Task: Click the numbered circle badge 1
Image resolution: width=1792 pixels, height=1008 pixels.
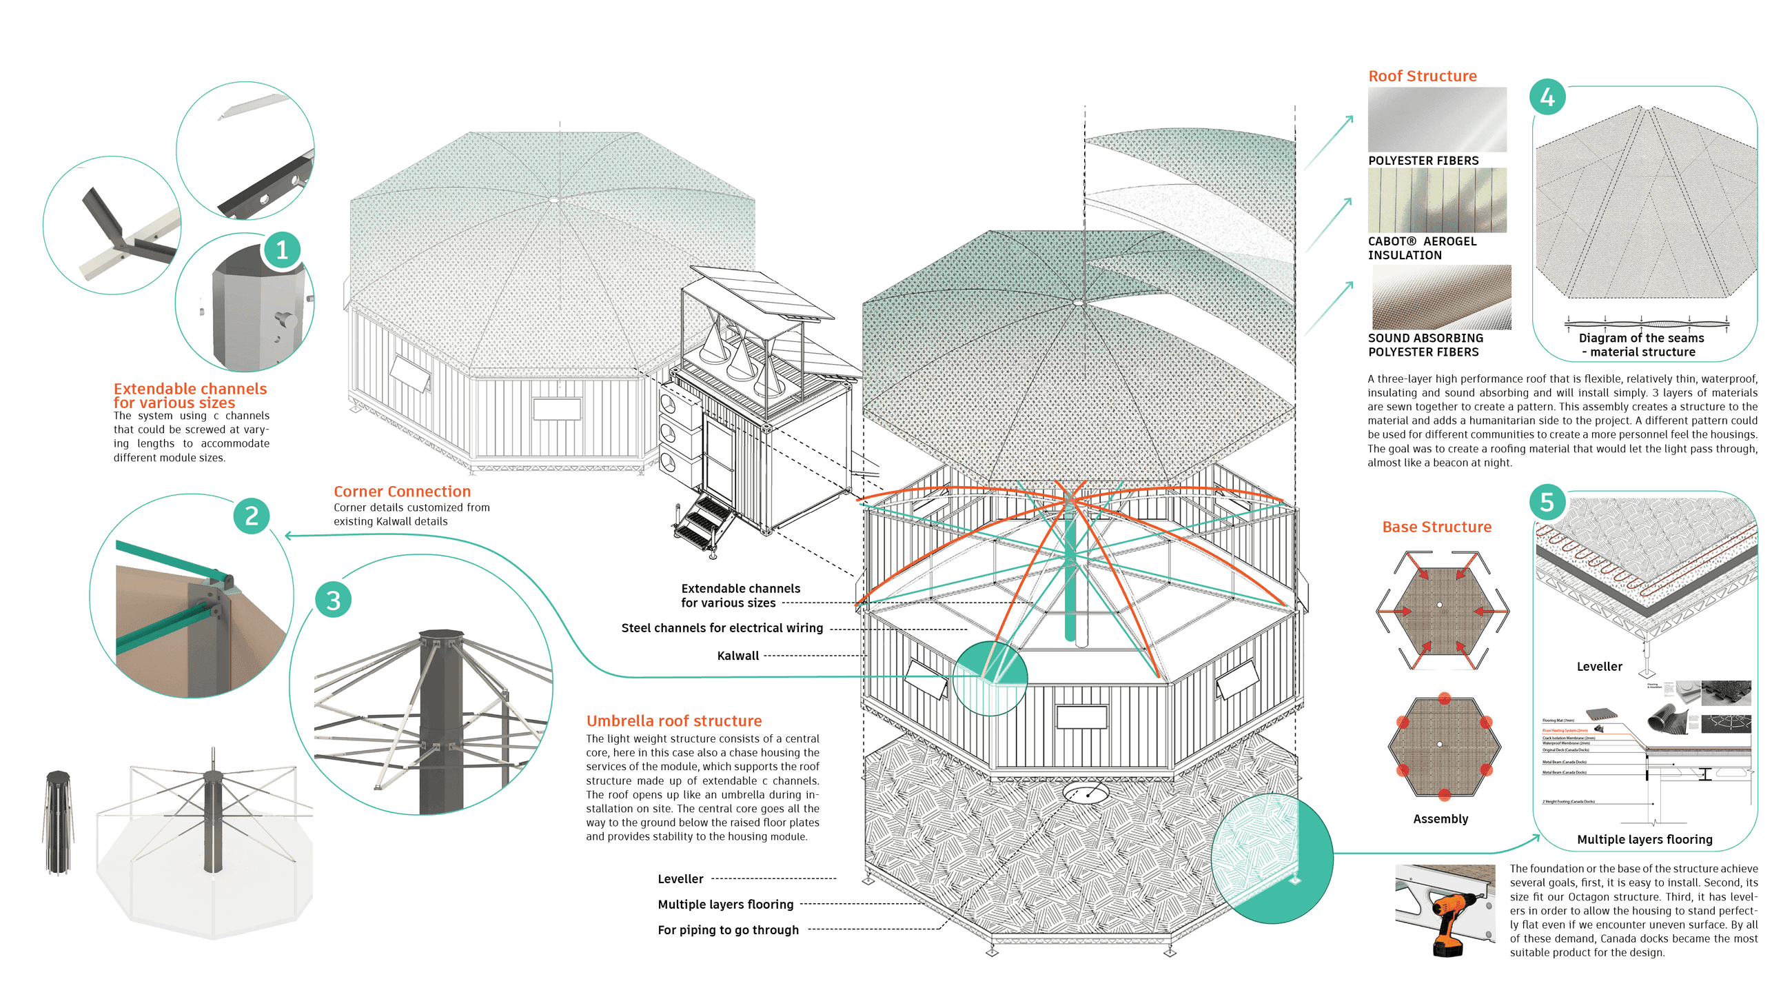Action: click(282, 250)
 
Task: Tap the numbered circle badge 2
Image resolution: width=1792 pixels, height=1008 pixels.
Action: click(251, 516)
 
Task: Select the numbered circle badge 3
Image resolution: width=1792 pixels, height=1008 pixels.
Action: click(333, 600)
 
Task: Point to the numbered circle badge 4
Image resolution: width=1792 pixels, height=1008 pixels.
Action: click(1547, 97)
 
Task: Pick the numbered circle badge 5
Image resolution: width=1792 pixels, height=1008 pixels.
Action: click(1547, 501)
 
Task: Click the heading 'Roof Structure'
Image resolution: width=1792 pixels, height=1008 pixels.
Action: click(1422, 76)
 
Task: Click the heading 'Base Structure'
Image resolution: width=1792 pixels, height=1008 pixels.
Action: click(1436, 527)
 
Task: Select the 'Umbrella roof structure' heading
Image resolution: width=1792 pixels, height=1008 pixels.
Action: click(673, 720)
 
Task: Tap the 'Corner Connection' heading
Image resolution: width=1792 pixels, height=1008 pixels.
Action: click(402, 491)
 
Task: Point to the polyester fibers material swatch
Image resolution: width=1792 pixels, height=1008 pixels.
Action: click(1436, 119)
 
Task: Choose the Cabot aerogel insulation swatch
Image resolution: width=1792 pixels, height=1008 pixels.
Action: click(1436, 201)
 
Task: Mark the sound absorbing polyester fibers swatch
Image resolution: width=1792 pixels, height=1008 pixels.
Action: click(1440, 297)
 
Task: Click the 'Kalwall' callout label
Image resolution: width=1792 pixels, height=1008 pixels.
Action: click(737, 655)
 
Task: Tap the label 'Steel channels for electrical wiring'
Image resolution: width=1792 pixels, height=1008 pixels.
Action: click(722, 627)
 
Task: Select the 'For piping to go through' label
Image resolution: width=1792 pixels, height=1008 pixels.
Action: click(728, 929)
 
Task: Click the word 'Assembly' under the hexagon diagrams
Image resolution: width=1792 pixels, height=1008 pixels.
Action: click(1440, 819)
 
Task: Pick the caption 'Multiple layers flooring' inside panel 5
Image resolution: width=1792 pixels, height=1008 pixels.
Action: click(1644, 839)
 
